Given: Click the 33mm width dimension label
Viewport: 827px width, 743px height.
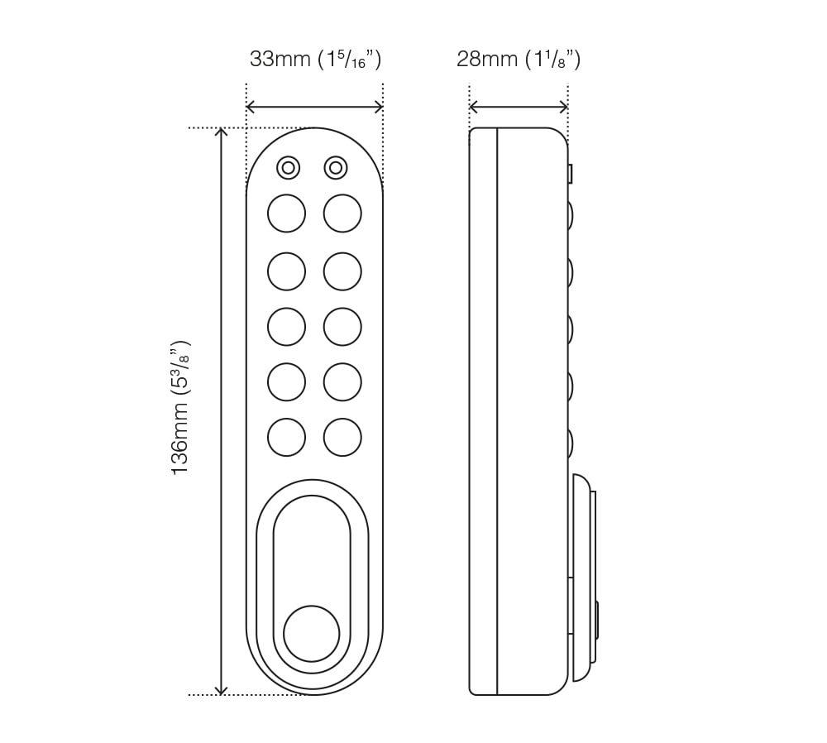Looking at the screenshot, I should point(315,60).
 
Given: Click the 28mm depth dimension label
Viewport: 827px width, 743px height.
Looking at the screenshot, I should point(518,60).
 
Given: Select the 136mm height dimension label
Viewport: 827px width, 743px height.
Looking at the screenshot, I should point(180,407).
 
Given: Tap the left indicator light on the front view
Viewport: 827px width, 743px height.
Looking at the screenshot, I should point(288,168).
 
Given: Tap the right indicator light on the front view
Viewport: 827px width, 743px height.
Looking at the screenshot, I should point(335,168).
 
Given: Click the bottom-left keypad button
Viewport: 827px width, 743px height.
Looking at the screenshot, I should point(286,437).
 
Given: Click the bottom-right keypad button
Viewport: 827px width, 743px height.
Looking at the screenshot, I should point(342,437).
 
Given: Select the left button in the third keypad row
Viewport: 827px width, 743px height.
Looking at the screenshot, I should point(286,326).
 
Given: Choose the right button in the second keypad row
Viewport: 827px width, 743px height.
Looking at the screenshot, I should point(342,271).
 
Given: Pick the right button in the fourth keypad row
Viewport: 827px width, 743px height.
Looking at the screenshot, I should point(342,381).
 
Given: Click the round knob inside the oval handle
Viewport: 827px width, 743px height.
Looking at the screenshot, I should point(312,633).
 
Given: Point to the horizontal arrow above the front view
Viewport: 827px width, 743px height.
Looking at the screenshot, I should point(314,107).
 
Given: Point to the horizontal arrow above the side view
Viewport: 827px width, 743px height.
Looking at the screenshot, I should point(519,107).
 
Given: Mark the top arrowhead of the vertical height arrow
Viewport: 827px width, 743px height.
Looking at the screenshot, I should point(221,133).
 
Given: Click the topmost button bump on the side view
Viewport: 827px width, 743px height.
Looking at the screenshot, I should point(571,215).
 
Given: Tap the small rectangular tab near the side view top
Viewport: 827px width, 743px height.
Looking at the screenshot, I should point(571,174).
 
